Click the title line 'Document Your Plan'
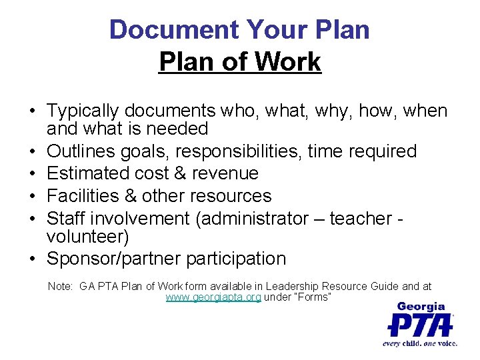(x=239, y=30)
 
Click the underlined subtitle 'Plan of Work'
(x=240, y=63)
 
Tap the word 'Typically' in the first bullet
(x=87, y=111)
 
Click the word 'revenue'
(x=223, y=173)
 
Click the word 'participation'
(x=239, y=259)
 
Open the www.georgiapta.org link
(x=213, y=297)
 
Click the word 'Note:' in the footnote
(x=61, y=287)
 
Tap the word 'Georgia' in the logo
(x=421, y=307)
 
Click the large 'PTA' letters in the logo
(x=420, y=325)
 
